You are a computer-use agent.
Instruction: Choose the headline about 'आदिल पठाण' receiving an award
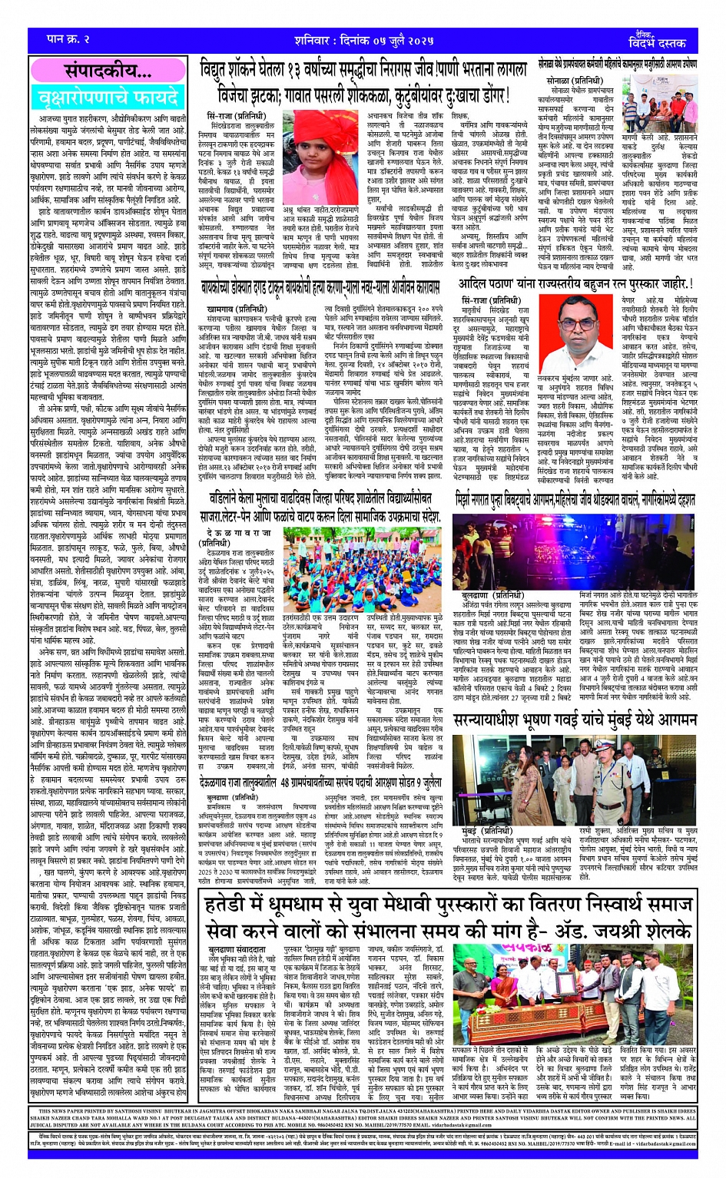tap(575, 284)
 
